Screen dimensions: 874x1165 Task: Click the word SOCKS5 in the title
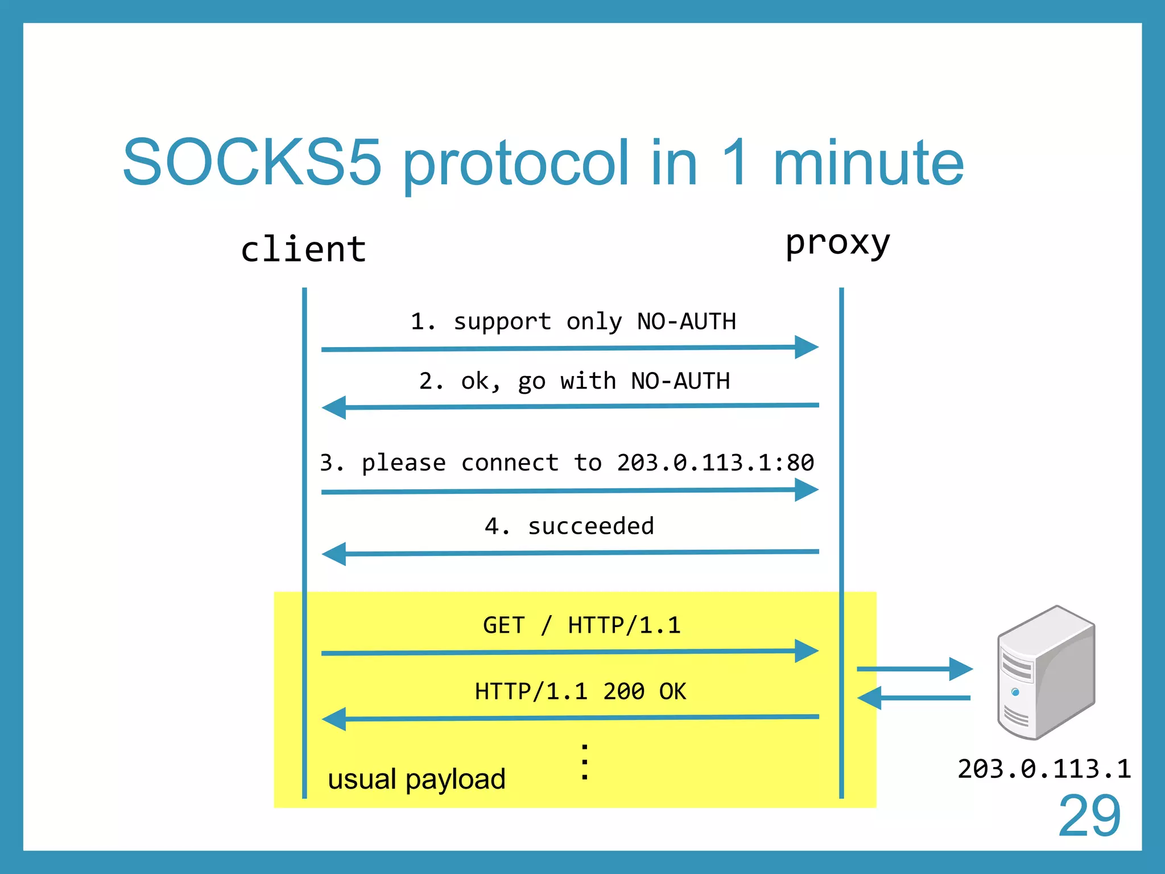(x=251, y=163)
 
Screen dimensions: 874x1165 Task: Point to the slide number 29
(x=1089, y=817)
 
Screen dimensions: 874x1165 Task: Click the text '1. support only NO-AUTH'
(x=573, y=321)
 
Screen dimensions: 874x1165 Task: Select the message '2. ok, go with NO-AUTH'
(x=574, y=381)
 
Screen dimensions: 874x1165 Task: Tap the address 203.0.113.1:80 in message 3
(x=715, y=462)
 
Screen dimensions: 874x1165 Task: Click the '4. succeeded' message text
(x=569, y=526)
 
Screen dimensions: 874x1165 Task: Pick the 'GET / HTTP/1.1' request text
(x=581, y=625)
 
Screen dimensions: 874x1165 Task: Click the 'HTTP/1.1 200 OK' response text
(x=580, y=691)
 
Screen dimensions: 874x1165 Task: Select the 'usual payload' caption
(x=416, y=779)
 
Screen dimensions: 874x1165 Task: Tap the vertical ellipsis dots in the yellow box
(x=584, y=761)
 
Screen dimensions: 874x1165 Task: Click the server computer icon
(x=1046, y=673)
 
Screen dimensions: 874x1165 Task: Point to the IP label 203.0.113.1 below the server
(x=1044, y=769)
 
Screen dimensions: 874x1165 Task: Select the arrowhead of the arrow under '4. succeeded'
(x=335, y=554)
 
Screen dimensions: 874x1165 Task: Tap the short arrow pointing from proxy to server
(x=914, y=669)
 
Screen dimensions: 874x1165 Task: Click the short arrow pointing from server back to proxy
(x=914, y=698)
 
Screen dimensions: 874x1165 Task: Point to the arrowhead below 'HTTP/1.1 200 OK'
(x=335, y=719)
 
